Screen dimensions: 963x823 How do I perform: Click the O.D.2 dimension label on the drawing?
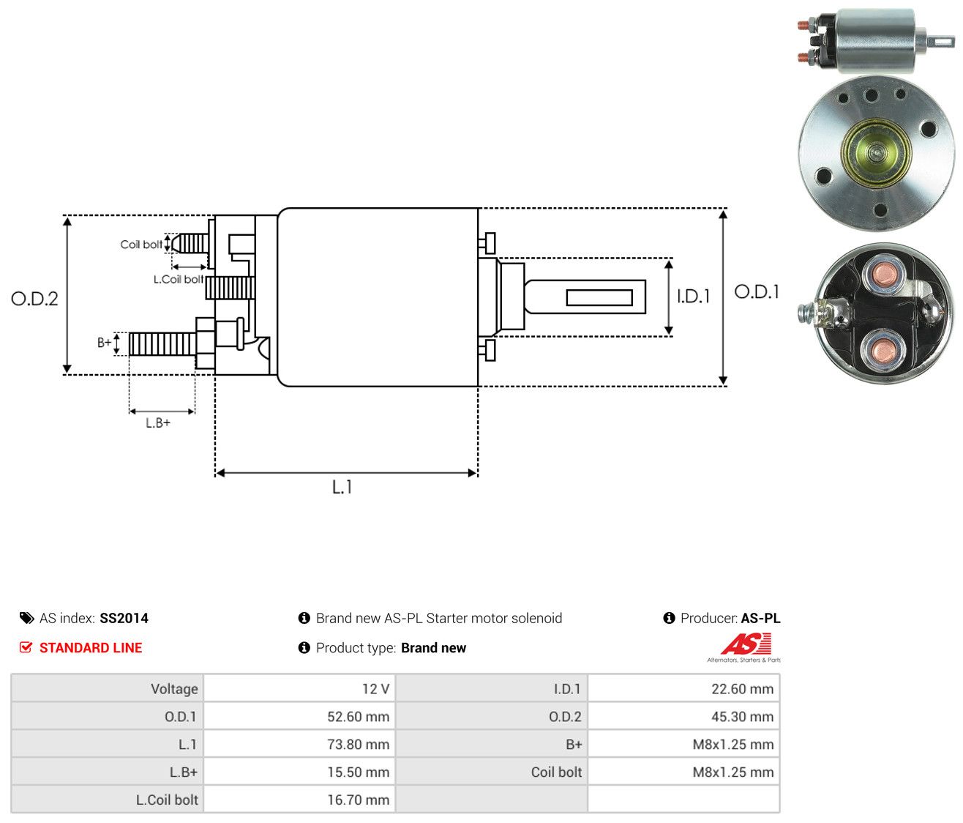coord(34,299)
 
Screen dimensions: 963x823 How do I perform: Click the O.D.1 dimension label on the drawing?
coord(756,291)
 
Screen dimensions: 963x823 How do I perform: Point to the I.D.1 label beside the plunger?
coord(693,296)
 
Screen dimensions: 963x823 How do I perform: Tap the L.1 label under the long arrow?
coord(342,487)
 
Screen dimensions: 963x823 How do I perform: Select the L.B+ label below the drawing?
coord(158,422)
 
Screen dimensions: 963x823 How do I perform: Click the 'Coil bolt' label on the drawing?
coord(141,245)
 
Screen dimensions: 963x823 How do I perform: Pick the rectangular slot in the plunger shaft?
coord(599,297)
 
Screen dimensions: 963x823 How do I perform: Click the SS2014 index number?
coord(124,618)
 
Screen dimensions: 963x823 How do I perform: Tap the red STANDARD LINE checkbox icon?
coord(26,647)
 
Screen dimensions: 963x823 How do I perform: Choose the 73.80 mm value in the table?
coord(358,744)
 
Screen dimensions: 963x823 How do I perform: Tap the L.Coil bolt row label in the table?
coord(167,800)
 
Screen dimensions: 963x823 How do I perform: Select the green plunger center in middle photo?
coord(876,153)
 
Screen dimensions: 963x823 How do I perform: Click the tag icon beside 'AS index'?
coord(26,618)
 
